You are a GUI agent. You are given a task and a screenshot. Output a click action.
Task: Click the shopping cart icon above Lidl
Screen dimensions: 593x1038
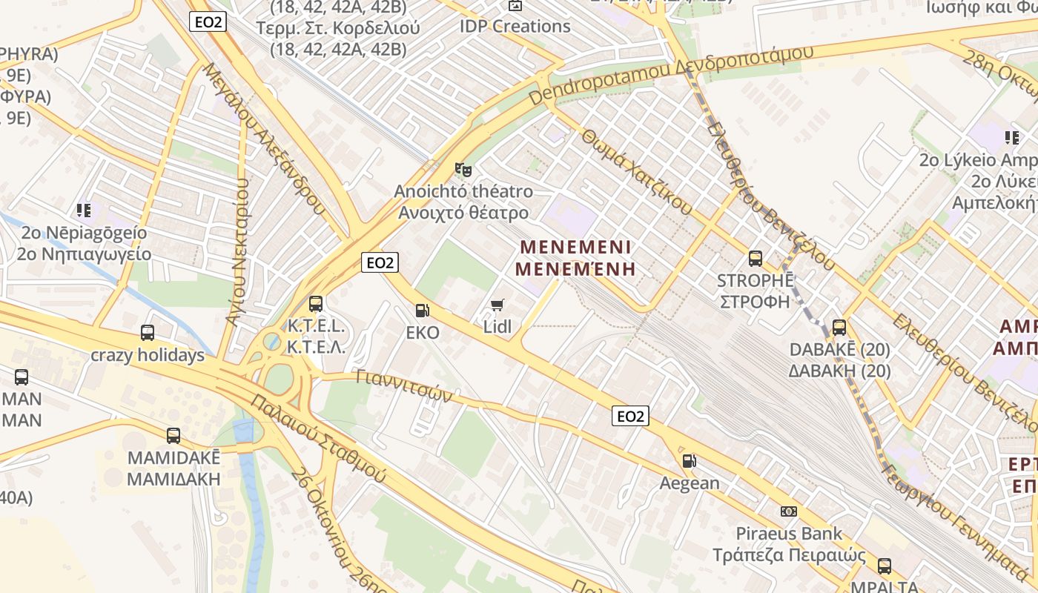click(x=497, y=305)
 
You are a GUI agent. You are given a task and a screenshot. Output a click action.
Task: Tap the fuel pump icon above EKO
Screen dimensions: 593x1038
click(x=422, y=311)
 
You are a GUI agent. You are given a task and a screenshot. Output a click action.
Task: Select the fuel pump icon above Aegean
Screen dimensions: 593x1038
click(x=689, y=461)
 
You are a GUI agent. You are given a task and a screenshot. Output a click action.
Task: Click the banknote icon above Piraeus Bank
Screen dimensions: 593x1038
click(x=789, y=511)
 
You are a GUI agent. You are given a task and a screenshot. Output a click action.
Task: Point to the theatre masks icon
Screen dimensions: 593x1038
click(x=463, y=170)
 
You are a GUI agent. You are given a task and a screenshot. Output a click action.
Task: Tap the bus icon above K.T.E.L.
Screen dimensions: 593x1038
click(x=316, y=303)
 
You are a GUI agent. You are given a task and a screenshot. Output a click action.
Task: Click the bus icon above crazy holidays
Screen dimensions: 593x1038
click(x=148, y=333)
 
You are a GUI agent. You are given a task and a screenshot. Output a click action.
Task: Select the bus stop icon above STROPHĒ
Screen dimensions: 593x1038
click(x=756, y=259)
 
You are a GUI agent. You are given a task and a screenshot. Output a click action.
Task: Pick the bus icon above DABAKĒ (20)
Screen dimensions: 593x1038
click(x=839, y=327)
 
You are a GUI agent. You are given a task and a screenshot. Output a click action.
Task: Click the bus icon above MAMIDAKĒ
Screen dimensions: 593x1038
click(x=173, y=436)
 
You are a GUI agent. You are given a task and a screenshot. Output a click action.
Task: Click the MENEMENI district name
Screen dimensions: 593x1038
click(x=575, y=247)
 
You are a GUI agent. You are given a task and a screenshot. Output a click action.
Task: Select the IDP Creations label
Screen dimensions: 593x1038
click(x=515, y=26)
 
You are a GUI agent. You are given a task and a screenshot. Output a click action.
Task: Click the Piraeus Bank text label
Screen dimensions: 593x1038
click(x=789, y=533)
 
